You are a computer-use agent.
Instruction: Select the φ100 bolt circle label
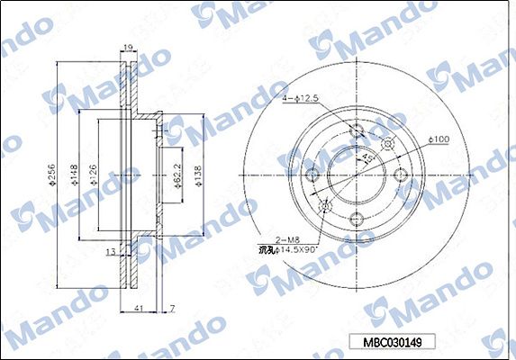pyautogui.click(x=439, y=139)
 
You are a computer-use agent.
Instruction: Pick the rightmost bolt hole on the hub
pyautogui.click(x=401, y=175)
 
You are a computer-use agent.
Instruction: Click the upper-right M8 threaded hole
pyautogui.click(x=388, y=145)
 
